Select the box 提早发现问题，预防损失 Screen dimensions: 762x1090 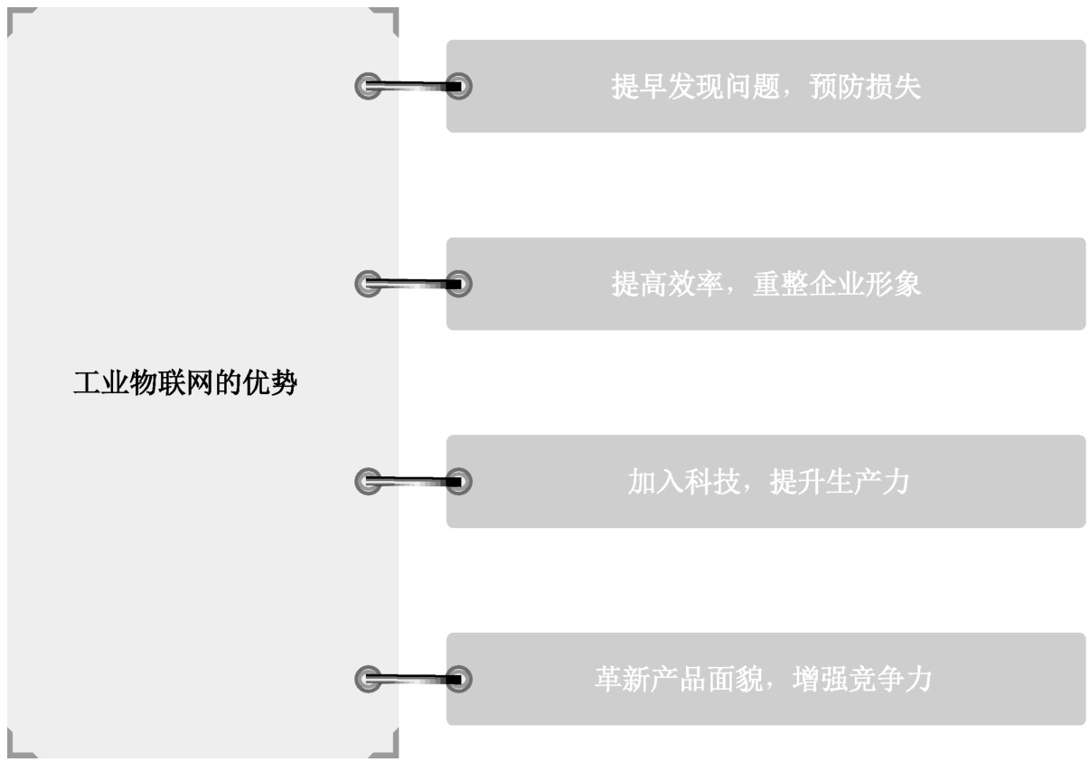tap(766, 86)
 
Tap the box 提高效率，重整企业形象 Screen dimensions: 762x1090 tap(766, 284)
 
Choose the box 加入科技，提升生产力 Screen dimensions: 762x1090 tap(766, 482)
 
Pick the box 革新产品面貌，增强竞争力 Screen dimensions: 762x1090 tap(766, 679)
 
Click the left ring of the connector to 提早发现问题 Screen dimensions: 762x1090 tap(367, 86)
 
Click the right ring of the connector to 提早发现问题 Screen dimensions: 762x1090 tap(458, 86)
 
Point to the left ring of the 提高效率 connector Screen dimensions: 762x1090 tap(367, 284)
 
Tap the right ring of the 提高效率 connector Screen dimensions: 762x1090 tap(458, 284)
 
